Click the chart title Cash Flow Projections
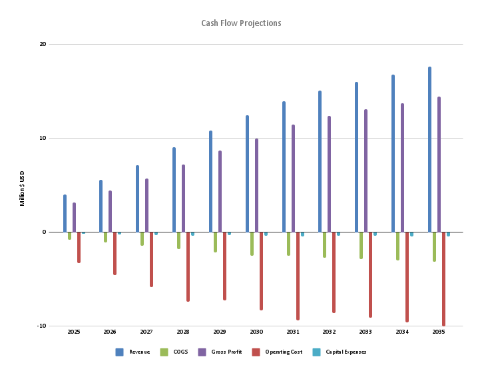click(241, 23)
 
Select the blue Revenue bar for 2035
click(429, 150)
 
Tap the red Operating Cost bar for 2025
click(79, 247)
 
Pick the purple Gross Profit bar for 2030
click(256, 186)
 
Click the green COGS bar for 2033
click(361, 245)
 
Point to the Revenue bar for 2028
click(174, 190)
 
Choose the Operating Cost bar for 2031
click(298, 276)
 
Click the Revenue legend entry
click(133, 352)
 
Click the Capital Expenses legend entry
click(340, 352)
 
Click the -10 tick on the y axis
click(41, 326)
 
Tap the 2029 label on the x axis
click(220, 332)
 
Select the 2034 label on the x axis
click(402, 332)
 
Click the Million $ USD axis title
click(22, 187)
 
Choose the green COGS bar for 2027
click(142, 238)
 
